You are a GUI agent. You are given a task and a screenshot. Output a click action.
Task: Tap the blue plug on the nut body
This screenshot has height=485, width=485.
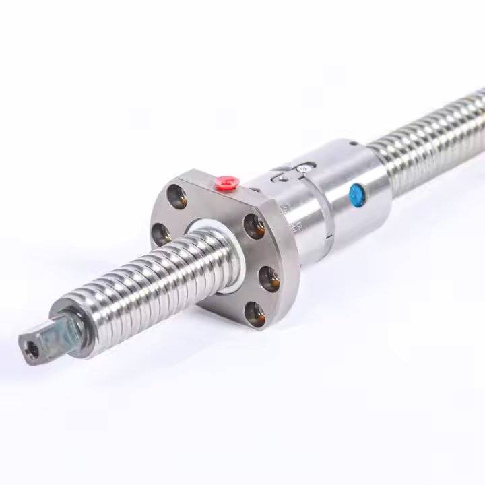355,196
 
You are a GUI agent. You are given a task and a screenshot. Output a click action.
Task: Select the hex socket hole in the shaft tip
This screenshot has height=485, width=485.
32,350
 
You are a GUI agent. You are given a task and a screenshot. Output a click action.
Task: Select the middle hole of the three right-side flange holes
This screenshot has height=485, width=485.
268,277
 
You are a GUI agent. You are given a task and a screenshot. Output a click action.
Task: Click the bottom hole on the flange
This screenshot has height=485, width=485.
255,314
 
